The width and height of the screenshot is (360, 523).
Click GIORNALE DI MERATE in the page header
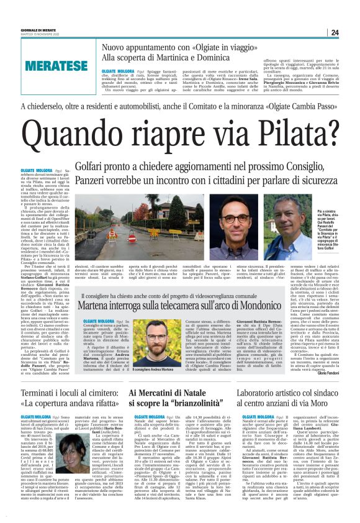click(x=24, y=30)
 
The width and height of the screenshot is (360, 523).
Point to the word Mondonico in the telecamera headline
click(x=271, y=306)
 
